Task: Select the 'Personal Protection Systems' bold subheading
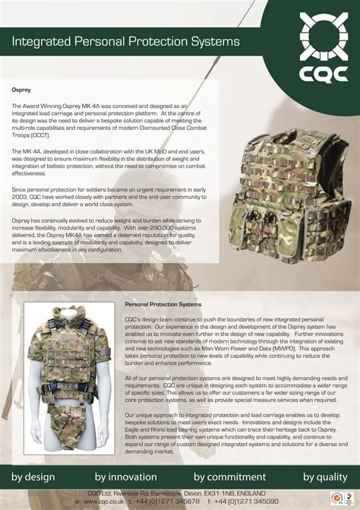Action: pos(163,304)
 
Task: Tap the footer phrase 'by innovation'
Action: pos(125,477)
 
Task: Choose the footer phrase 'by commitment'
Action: pos(230,477)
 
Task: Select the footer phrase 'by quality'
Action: pos(325,477)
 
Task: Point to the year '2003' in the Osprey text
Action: pos(22,195)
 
